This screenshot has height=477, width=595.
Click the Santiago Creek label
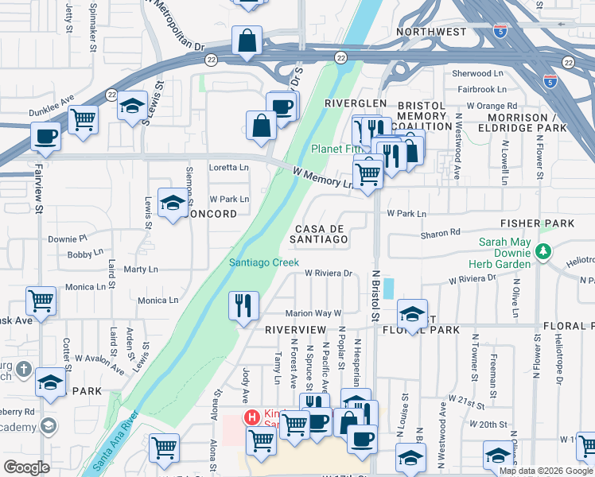click(263, 262)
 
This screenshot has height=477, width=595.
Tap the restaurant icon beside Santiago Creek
click(243, 305)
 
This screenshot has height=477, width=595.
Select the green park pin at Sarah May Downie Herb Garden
click(543, 252)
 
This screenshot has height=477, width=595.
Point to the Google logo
click(26, 467)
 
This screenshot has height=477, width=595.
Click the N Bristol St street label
click(374, 294)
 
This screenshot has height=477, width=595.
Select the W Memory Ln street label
click(323, 176)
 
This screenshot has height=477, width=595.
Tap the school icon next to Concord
click(173, 203)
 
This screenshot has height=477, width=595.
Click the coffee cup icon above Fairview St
click(45, 135)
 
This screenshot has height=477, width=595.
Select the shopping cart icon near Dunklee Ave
click(83, 120)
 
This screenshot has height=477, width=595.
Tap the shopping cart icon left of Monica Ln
click(41, 301)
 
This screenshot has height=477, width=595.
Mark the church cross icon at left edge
click(24, 370)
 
